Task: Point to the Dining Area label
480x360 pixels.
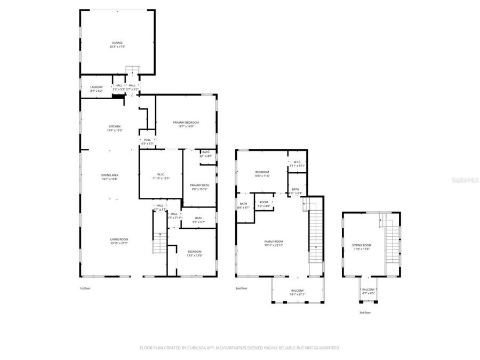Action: pyautogui.click(x=110, y=177)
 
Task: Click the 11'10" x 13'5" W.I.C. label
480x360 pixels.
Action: pyautogui.click(x=160, y=176)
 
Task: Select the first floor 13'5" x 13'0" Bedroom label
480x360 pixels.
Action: pyautogui.click(x=194, y=253)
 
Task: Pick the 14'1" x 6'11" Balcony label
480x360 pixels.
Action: pyautogui.click(x=297, y=292)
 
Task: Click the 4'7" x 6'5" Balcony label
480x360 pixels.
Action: pyautogui.click(x=369, y=291)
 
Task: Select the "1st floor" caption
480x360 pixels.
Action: pyautogui.click(x=85, y=288)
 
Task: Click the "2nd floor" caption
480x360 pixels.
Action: pyautogui.click(x=242, y=288)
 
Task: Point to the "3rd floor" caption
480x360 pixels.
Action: pyautogui.click(x=364, y=313)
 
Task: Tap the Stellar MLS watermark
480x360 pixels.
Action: pyautogui.click(x=465, y=180)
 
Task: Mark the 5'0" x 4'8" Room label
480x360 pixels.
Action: pyautogui.click(x=264, y=204)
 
